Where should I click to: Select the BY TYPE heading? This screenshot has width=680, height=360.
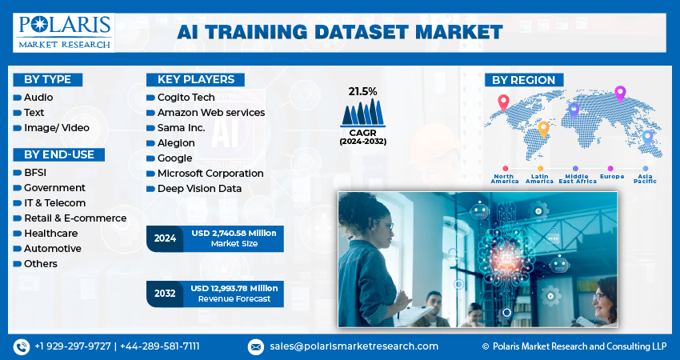tap(47, 79)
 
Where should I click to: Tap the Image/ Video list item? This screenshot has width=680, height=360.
tap(56, 127)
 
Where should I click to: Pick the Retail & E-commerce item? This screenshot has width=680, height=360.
tap(74, 218)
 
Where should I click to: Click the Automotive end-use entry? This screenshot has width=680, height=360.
tap(52, 248)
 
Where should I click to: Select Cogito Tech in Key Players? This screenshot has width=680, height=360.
tap(186, 97)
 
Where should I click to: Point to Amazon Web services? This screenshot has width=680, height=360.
tap(210, 112)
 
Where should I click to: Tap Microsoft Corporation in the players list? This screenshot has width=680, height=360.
tap(210, 173)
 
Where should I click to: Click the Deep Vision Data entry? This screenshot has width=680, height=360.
tap(199, 188)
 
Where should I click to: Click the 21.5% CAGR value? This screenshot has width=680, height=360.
tap(362, 91)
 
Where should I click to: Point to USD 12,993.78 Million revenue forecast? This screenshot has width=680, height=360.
tap(234, 293)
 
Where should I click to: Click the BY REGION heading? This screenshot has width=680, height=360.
tap(524, 80)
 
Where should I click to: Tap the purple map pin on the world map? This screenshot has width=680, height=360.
tap(619, 94)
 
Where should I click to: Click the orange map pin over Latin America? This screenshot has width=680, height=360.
tap(543, 128)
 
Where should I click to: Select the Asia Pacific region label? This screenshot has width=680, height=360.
tap(644, 178)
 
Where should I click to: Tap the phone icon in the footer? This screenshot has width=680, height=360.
tap(21, 346)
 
